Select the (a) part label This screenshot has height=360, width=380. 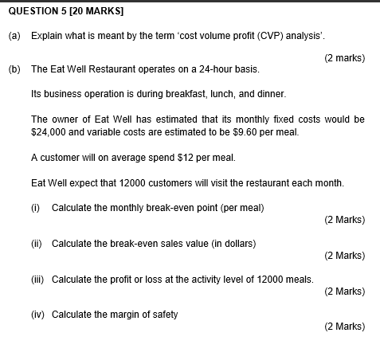14,37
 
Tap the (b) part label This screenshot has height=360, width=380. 14,69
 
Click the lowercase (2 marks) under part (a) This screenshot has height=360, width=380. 345,57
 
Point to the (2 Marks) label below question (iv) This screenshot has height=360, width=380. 345,327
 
